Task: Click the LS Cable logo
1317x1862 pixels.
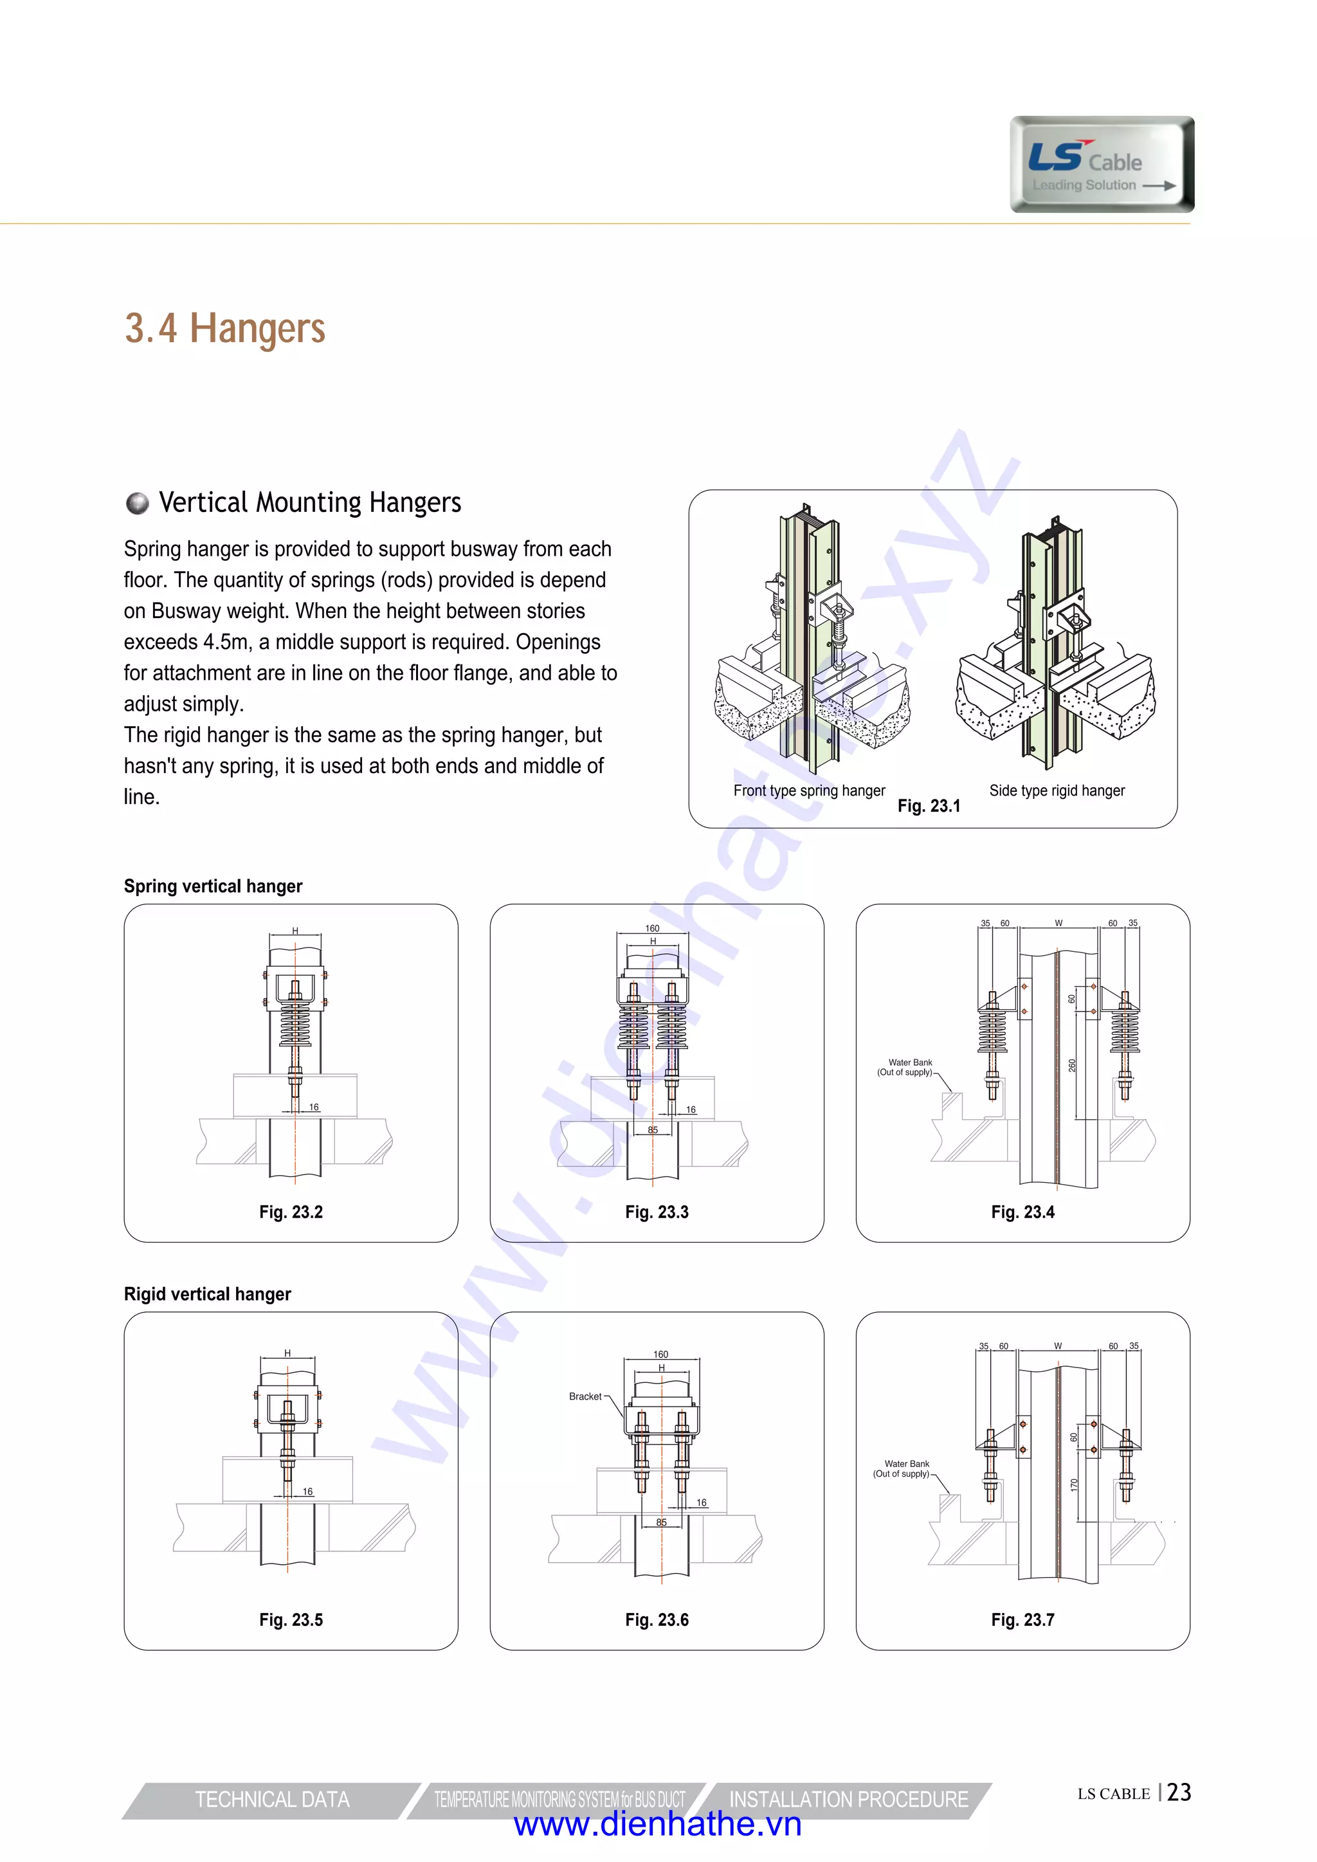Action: pos(1102,165)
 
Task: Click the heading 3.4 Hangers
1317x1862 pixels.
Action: pos(224,329)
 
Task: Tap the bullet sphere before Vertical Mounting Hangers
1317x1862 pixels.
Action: pos(138,503)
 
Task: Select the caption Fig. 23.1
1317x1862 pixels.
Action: pos(929,806)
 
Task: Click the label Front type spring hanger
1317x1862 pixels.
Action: pos(808,790)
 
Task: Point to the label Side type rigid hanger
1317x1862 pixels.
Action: pos(1057,790)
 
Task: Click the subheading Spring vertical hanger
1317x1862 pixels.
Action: pos(212,886)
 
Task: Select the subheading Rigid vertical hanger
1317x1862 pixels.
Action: pos(207,1294)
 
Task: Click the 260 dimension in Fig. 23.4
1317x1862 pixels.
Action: pos(1072,1066)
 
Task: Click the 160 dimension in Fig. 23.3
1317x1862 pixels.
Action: pos(652,929)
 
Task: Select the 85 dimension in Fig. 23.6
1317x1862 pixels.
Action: pos(661,1522)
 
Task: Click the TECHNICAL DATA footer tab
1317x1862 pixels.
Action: pos(271,1800)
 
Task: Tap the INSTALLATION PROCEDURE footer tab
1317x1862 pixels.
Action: pos(848,1800)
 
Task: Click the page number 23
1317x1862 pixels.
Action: pos(1179,1793)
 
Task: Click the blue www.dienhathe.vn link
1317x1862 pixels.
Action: pos(658,1825)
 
